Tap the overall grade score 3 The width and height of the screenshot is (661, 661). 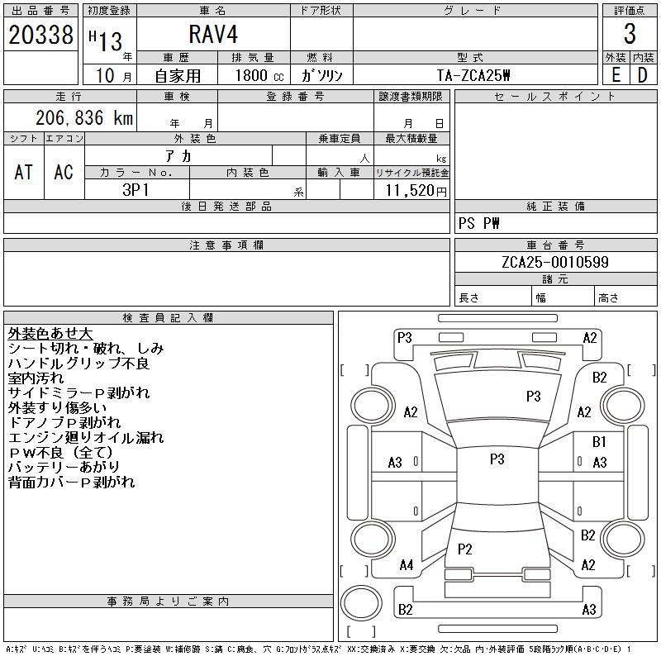630,34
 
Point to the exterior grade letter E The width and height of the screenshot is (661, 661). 616,74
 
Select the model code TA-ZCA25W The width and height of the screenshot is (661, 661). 474,75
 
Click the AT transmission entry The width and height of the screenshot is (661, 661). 24,172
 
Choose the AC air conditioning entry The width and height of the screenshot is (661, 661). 64,172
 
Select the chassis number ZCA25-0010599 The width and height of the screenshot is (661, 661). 554,263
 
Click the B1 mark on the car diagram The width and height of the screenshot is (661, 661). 599,443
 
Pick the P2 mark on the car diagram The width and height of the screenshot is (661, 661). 464,549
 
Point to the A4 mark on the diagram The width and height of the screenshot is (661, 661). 406,565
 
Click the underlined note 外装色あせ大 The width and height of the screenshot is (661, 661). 50,334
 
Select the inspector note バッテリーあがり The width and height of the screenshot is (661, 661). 64,468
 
